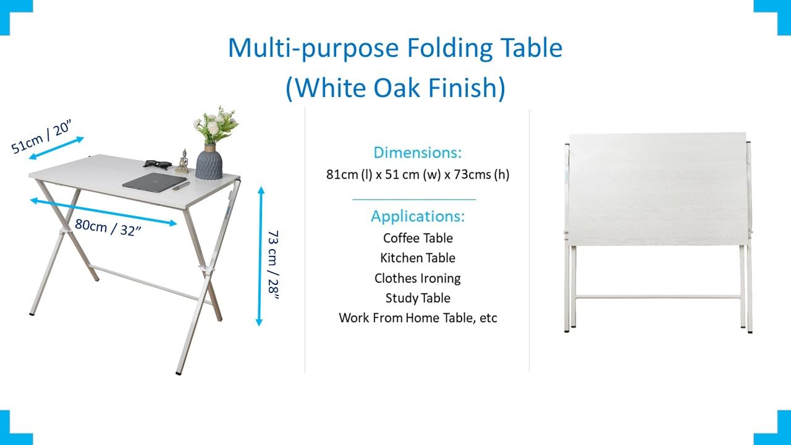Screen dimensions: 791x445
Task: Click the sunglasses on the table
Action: coord(158,164)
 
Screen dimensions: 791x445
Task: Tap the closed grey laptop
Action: coord(154,182)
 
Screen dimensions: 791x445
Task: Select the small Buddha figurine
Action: coord(182,161)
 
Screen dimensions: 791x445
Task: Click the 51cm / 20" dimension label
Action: coord(41,137)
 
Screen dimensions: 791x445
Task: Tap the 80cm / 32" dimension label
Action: coord(108,227)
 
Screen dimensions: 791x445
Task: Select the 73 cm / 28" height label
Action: coord(273,265)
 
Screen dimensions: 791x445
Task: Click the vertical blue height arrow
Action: coord(260,256)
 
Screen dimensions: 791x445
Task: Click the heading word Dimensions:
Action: coord(418,153)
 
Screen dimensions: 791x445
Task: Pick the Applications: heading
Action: coord(418,216)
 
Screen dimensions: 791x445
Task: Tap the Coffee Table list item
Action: coord(418,238)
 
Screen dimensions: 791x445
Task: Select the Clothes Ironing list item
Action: coord(418,278)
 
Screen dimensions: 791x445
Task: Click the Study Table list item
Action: coord(418,298)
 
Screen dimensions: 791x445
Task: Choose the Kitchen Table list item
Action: coord(418,258)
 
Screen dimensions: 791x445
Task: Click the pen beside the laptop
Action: coord(181,186)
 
